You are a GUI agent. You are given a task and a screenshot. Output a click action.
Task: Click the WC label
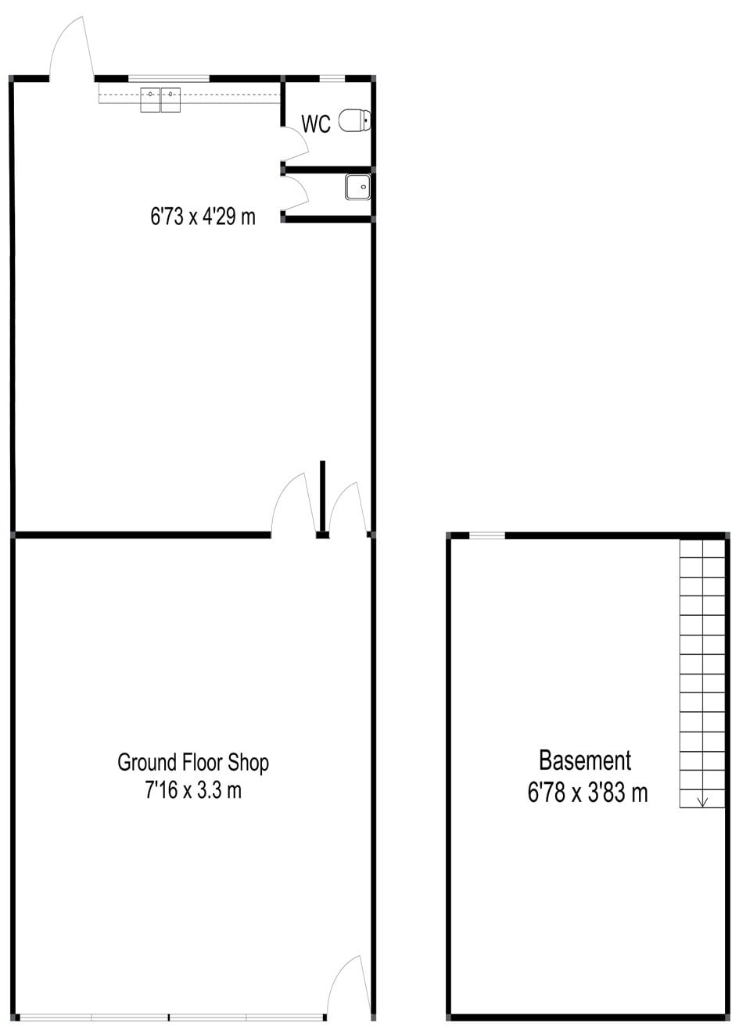click(x=316, y=123)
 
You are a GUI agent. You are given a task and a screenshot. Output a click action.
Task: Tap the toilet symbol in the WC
click(x=355, y=120)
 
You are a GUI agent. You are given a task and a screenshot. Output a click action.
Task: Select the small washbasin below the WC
click(x=358, y=187)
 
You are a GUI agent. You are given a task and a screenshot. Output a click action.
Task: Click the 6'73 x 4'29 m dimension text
click(x=203, y=216)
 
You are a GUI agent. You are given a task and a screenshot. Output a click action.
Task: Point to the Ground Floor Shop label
click(x=193, y=762)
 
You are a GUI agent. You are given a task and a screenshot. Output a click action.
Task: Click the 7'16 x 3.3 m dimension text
click(x=193, y=790)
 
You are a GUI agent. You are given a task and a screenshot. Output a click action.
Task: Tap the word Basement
click(x=585, y=760)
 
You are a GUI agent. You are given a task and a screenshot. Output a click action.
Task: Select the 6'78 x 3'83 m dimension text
click(x=587, y=792)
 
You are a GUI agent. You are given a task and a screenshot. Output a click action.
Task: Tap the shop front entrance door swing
click(x=348, y=986)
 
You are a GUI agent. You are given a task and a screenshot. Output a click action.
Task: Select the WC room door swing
click(x=295, y=145)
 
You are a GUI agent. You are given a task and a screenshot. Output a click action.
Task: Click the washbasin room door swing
click(x=295, y=192)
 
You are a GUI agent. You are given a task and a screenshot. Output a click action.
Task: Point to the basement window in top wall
click(x=486, y=535)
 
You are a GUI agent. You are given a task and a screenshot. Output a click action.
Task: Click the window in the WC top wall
click(x=332, y=77)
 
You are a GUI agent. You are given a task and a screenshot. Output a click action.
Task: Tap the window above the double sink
click(x=168, y=77)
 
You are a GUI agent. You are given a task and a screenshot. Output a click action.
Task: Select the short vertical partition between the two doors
click(x=322, y=496)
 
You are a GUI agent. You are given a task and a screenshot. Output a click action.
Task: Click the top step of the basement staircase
click(x=702, y=549)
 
